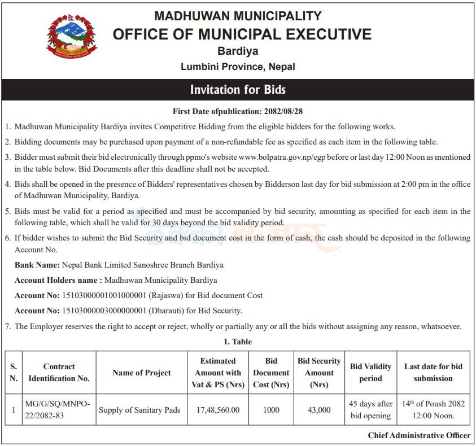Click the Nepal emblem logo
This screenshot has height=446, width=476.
pos(72,37)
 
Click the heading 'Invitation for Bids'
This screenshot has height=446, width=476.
pos(238,90)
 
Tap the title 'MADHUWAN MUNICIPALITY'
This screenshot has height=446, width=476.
pos(238,16)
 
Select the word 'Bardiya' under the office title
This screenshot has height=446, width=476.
pos(238,51)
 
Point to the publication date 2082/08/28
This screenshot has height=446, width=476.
pos(286,112)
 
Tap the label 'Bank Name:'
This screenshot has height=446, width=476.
pos(37,265)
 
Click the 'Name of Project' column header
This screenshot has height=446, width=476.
pos(141,373)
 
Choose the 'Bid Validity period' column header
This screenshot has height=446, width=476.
pos(370,373)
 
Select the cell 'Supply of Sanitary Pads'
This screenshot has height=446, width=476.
pos(139,410)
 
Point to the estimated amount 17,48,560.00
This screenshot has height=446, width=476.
pos(217,410)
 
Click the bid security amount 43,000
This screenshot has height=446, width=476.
pos(319,410)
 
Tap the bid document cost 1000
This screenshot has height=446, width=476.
pos(271,410)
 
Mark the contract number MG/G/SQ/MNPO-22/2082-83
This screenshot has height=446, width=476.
pos(59,410)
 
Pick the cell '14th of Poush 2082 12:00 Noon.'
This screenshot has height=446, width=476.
pos(433,410)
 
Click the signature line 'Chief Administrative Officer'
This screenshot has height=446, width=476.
pos(419,435)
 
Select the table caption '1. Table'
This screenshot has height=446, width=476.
pos(238,342)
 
